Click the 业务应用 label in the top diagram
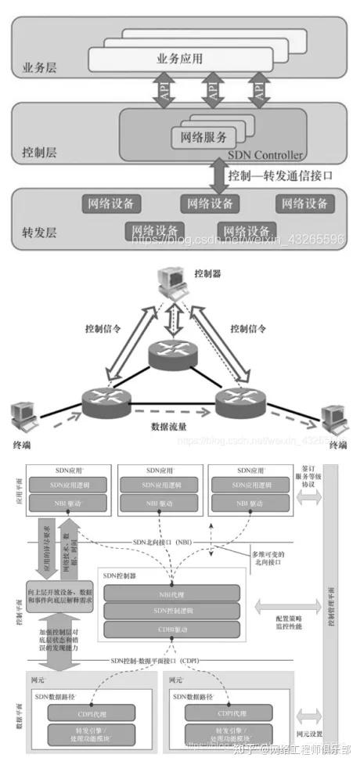(180, 58)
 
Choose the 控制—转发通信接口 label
(279, 175)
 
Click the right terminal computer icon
(333, 419)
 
